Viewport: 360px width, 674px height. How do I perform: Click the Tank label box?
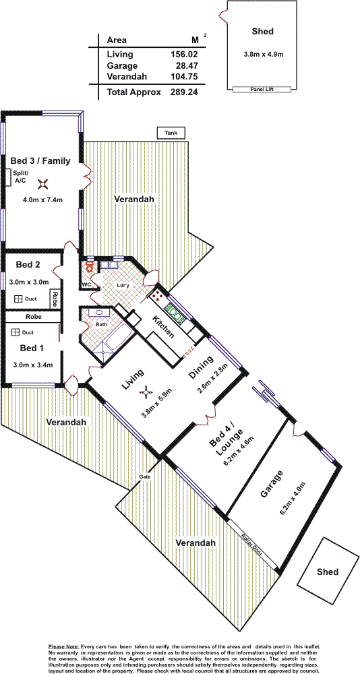tap(171, 133)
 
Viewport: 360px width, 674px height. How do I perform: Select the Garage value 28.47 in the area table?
tap(183, 66)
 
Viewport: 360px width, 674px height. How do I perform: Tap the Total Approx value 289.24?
tap(183, 92)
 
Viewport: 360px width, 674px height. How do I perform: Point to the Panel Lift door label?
tap(262, 89)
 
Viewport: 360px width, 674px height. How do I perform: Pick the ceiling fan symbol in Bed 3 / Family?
tap(43, 184)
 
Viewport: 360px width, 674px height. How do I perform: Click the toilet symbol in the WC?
tap(89, 266)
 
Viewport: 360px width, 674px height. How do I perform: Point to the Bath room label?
tap(102, 325)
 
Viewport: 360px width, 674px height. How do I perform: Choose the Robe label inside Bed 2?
tap(55, 299)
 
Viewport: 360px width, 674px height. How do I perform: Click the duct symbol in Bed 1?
tap(16, 332)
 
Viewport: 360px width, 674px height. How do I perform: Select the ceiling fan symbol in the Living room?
tap(147, 392)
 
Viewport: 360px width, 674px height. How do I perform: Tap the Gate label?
tap(144, 477)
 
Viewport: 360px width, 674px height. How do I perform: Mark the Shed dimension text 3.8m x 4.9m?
tap(263, 55)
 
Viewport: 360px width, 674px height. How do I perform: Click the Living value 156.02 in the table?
tap(183, 54)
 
